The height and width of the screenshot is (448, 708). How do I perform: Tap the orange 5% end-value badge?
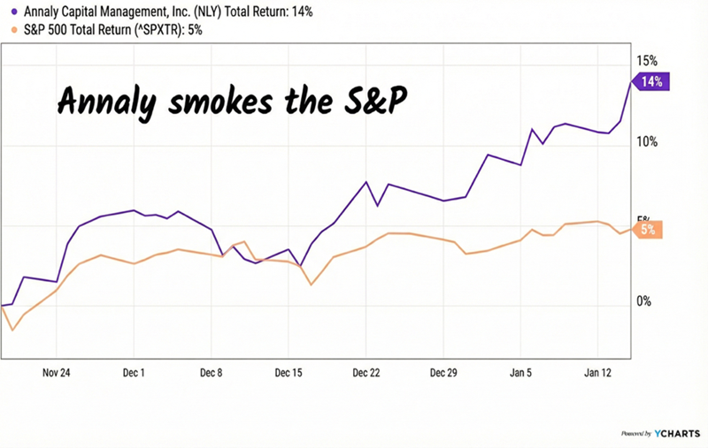tap(650, 229)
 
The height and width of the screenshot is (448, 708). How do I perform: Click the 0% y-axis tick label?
tap(644, 301)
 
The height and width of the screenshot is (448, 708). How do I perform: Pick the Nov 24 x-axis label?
tap(57, 372)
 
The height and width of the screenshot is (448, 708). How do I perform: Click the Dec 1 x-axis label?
tap(135, 372)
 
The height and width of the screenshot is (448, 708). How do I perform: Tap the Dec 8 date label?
tap(212, 372)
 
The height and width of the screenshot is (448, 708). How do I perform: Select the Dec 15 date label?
tap(289, 372)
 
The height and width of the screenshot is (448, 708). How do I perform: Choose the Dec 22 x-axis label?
tap(366, 372)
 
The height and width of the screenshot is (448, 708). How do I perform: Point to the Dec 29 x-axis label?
tap(444, 372)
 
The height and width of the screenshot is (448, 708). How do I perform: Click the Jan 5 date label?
tap(521, 372)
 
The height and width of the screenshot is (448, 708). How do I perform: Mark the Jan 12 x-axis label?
tap(599, 372)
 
